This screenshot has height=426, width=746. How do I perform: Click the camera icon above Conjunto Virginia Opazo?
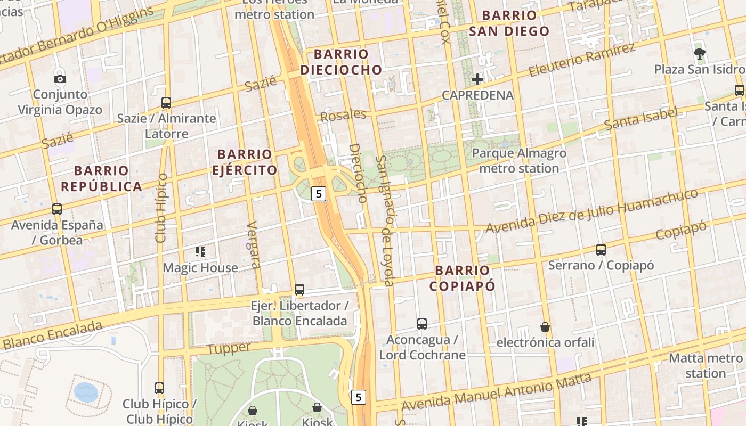point(60,79)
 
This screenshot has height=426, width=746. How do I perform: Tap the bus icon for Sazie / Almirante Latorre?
point(166,102)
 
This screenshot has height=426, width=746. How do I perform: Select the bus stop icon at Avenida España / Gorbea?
point(57,209)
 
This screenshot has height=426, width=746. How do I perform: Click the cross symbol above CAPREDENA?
point(477,79)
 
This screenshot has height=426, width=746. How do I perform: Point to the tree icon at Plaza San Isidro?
point(700,53)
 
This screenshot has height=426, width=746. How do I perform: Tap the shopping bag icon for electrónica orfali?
point(545,326)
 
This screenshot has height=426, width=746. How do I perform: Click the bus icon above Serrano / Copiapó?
point(601,249)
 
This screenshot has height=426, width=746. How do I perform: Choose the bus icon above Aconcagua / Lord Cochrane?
point(422,323)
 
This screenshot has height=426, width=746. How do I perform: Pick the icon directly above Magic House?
point(200,251)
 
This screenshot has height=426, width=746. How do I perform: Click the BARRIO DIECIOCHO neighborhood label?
point(341,62)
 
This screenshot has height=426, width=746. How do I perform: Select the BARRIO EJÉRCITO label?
point(245,162)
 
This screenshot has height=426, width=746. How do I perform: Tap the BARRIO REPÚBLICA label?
point(101,178)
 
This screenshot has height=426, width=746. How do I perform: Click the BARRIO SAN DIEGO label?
point(509,23)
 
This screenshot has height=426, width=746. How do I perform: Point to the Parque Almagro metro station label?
point(519,161)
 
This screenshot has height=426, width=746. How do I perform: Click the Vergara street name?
point(254,244)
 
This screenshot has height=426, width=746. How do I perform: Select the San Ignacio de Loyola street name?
point(385,220)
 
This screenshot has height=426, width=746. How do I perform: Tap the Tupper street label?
point(229,349)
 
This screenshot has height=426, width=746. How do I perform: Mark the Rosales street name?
point(343,115)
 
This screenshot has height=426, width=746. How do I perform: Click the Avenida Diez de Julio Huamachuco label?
point(591,212)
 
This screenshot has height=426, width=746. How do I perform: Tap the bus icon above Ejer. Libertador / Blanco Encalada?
point(299,290)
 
